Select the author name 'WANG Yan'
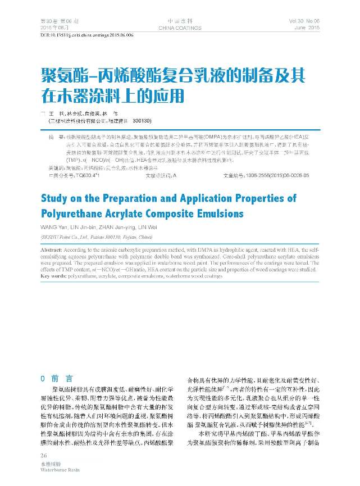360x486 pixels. coord(53,227)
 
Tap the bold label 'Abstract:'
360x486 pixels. coord(52,248)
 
